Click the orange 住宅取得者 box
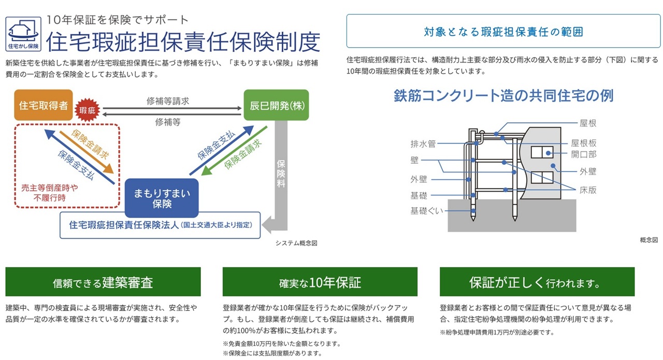44,105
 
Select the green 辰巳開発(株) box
276,105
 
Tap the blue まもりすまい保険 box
162,198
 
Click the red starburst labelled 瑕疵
87,110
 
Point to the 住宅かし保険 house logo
23,34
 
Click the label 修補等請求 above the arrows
168,101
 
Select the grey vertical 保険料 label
281,174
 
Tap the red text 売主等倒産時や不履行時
50,193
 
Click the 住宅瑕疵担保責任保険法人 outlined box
160,225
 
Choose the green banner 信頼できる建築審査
103,282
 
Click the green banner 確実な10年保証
320,282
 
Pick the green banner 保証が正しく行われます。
537,282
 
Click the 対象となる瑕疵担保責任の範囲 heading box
503,31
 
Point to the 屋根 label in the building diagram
588,123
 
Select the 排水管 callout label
423,144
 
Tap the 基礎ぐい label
426,211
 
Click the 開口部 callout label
584,154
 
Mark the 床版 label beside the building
588,190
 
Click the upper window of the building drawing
542,152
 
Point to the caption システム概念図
296,243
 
